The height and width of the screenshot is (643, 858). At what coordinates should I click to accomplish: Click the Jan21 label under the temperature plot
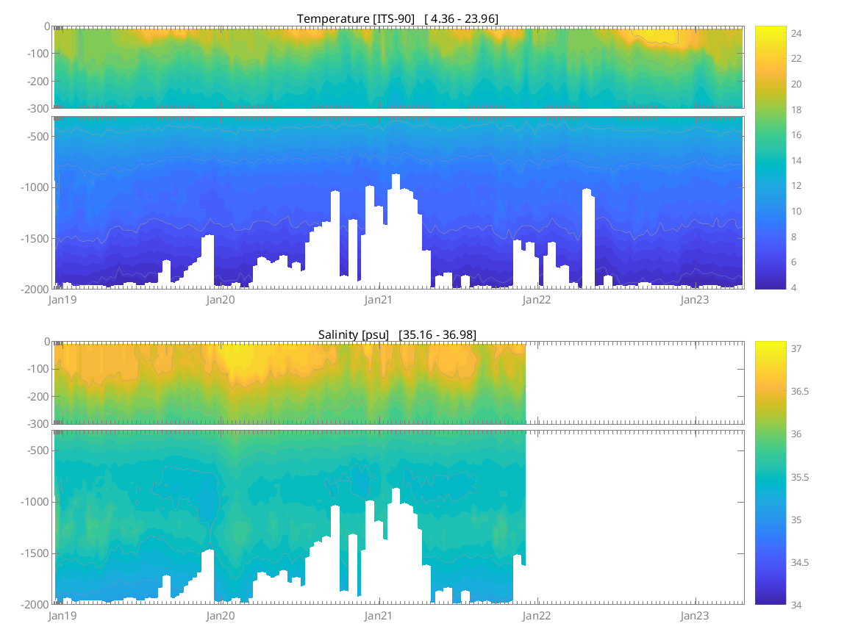coord(379,300)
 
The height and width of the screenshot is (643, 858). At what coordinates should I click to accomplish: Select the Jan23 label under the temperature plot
coord(695,300)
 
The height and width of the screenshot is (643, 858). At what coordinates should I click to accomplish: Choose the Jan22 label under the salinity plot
coord(537,615)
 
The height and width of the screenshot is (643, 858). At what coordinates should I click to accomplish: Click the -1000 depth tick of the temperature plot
coord(34,187)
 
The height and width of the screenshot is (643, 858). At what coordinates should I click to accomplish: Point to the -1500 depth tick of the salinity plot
coord(34,553)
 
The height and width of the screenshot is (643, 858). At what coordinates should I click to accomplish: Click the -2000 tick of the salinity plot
coord(34,604)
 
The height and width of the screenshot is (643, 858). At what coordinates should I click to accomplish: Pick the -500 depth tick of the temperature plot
coord(37,136)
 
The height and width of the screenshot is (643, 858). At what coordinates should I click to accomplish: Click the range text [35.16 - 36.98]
coord(437,334)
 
